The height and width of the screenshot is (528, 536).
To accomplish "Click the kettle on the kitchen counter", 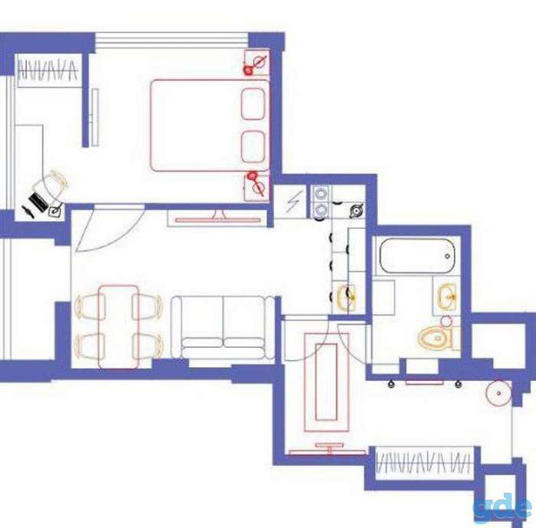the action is [x=357, y=211].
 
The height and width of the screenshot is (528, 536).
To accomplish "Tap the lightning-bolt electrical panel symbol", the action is [x=294, y=202].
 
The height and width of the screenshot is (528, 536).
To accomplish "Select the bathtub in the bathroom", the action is [x=417, y=256].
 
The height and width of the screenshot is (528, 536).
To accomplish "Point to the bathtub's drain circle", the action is [x=447, y=256].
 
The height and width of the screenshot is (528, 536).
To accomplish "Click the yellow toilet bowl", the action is [x=435, y=338].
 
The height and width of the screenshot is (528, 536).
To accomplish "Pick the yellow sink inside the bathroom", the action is [x=447, y=296].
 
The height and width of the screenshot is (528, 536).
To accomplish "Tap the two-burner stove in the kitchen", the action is [x=321, y=202].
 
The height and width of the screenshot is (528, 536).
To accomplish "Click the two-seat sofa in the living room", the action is [x=223, y=327].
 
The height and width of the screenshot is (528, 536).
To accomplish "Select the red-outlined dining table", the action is [x=118, y=327].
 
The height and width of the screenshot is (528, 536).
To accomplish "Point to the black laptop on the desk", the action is [x=38, y=202].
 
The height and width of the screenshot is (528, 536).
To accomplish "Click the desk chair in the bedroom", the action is [x=52, y=185].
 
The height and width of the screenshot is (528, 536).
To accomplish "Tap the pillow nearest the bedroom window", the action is [x=253, y=104].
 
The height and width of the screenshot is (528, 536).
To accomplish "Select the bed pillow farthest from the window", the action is [x=253, y=147].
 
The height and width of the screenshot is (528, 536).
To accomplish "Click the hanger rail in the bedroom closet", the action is [x=47, y=71].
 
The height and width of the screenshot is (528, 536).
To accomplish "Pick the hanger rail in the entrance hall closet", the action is [x=424, y=464].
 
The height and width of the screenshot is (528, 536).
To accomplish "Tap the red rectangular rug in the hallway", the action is [x=326, y=382].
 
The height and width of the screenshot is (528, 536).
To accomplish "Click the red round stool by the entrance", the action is [x=498, y=393].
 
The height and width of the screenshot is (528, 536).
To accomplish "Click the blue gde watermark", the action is [x=502, y=507].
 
